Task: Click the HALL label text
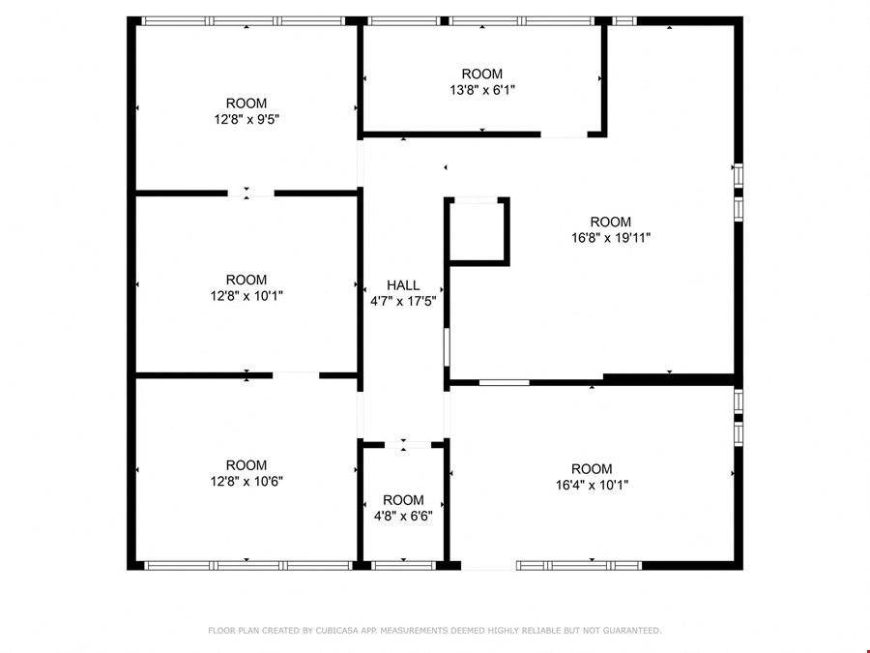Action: (403, 285)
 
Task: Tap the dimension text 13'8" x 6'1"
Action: (482, 90)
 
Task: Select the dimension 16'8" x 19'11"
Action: (611, 238)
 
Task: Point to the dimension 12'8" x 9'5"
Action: (246, 119)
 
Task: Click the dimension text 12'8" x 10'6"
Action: (246, 482)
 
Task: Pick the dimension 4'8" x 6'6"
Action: (403, 517)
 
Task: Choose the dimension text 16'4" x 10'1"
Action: (592, 485)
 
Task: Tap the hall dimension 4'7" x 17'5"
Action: (403, 302)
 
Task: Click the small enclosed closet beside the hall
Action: (477, 231)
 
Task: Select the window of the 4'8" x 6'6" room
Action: (403, 566)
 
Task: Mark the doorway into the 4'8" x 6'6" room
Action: (408, 445)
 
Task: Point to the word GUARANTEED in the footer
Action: (632, 630)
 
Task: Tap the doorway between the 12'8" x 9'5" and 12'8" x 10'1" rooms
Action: (250, 193)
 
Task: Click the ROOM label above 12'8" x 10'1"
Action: (246, 280)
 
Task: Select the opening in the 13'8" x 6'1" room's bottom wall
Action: (564, 134)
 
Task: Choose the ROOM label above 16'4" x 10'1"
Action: (592, 468)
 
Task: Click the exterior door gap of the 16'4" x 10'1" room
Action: (489, 566)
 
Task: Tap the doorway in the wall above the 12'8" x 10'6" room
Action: (296, 376)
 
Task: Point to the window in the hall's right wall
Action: (447, 347)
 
